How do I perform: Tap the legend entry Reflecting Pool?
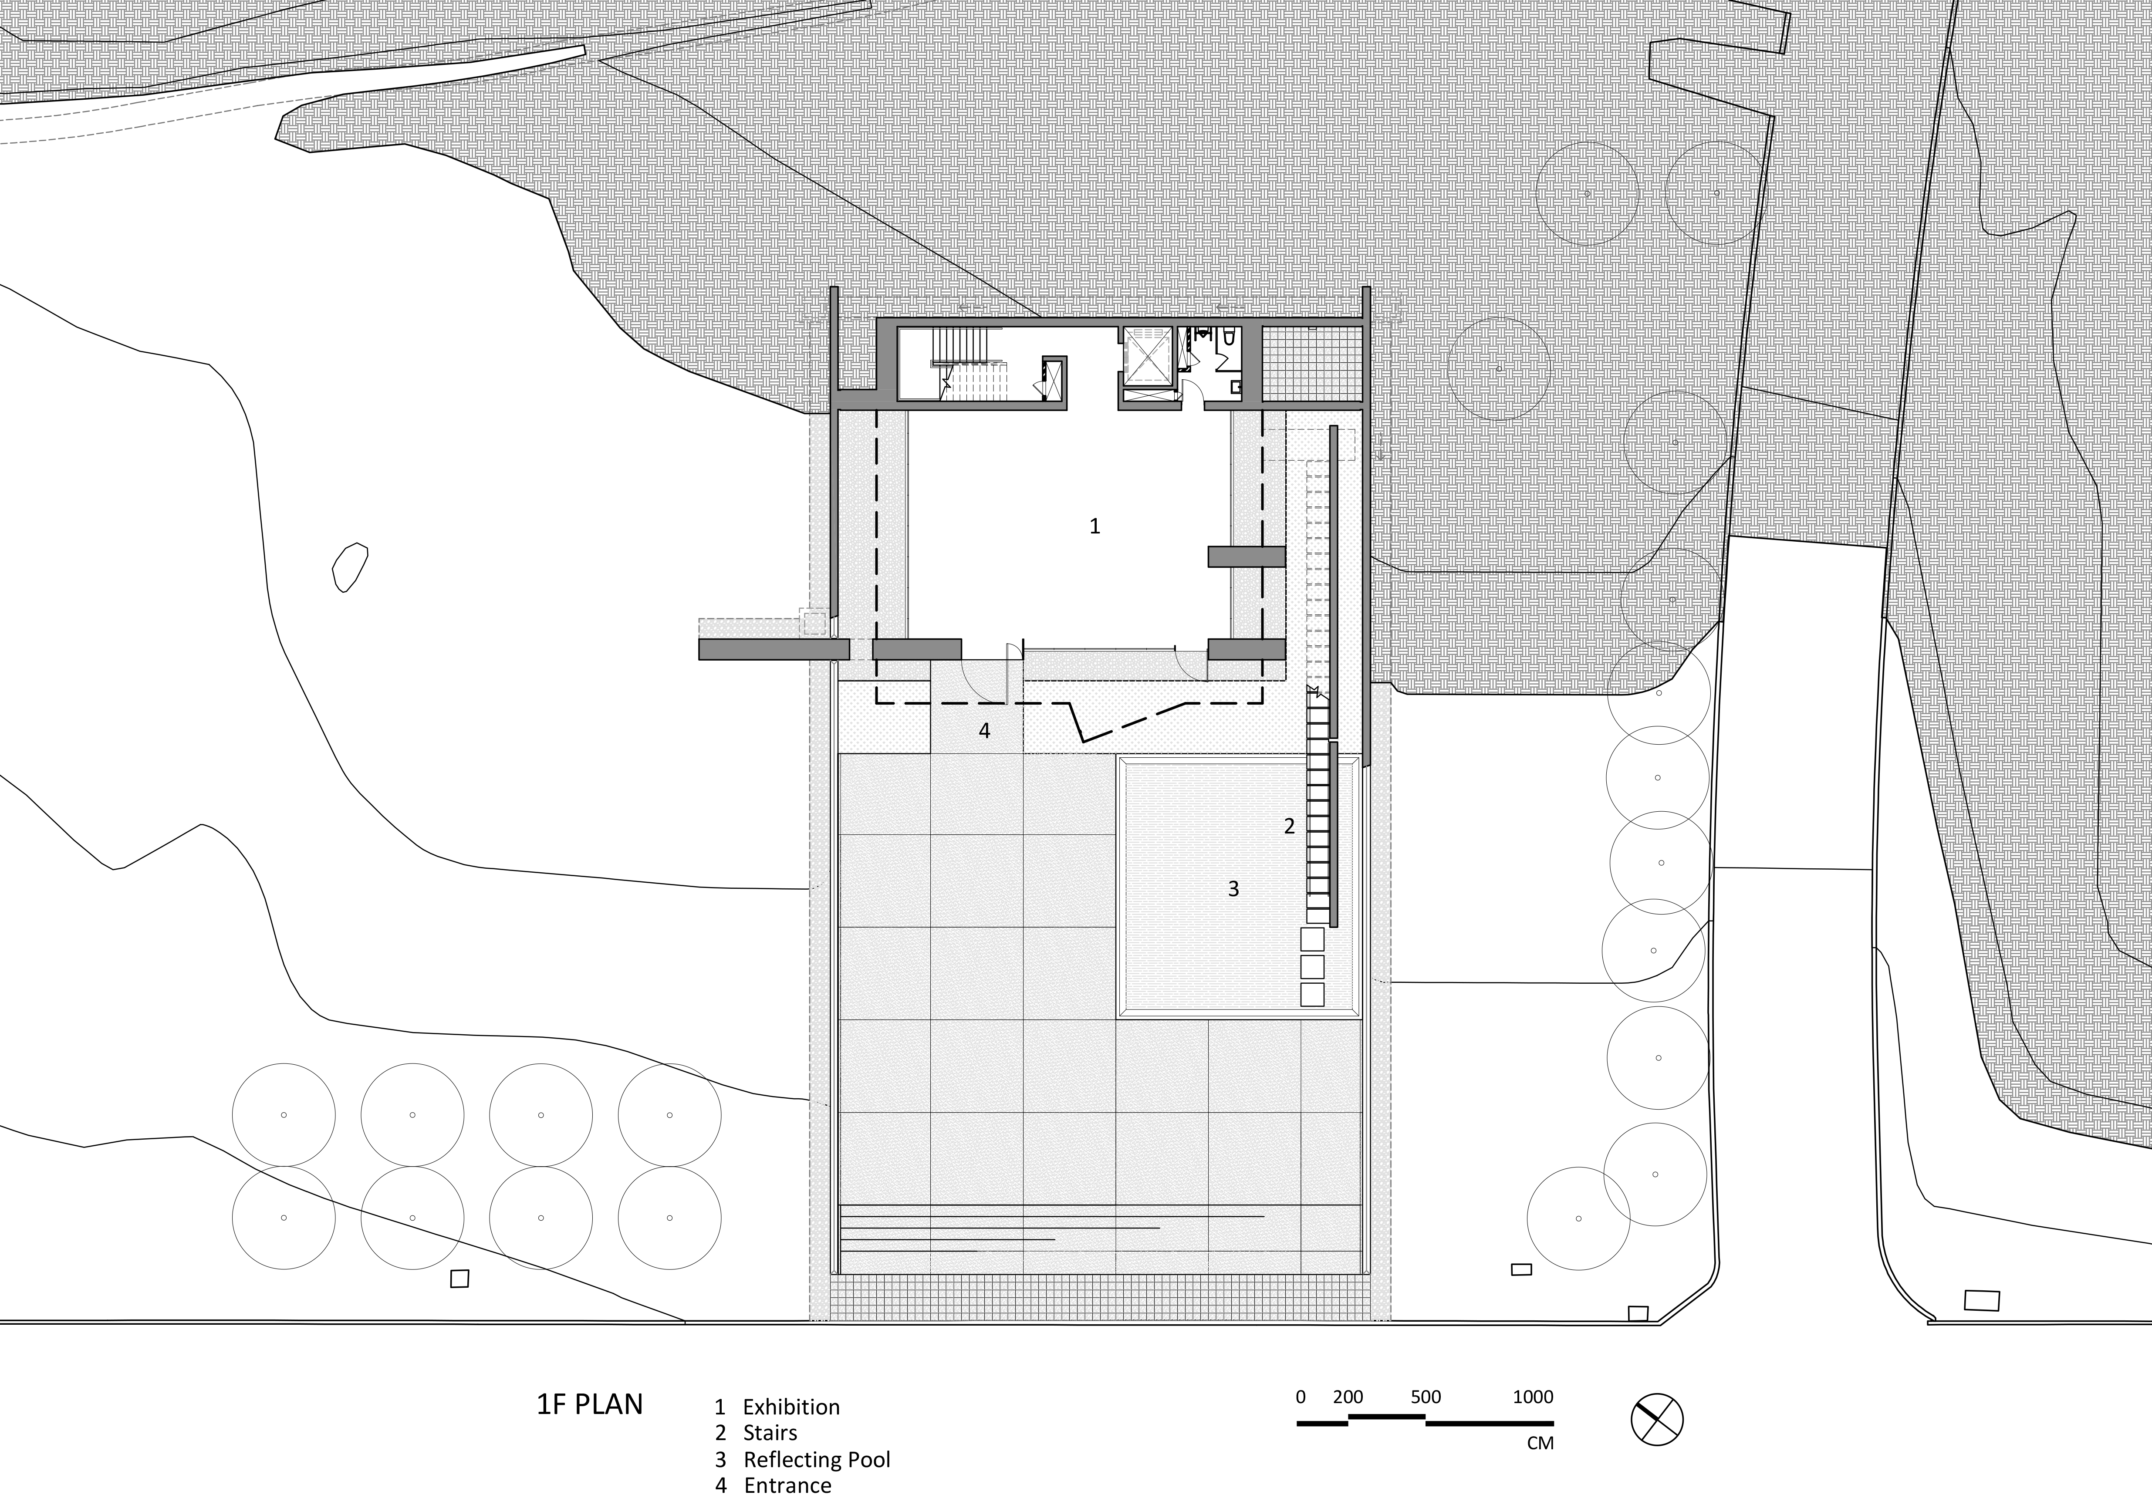(x=816, y=1460)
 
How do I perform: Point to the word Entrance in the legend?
(x=787, y=1486)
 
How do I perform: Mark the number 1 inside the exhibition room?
(x=1094, y=526)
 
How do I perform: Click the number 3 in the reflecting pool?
(x=1233, y=888)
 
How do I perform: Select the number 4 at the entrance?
(x=984, y=730)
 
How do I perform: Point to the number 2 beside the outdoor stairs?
(x=1289, y=826)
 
